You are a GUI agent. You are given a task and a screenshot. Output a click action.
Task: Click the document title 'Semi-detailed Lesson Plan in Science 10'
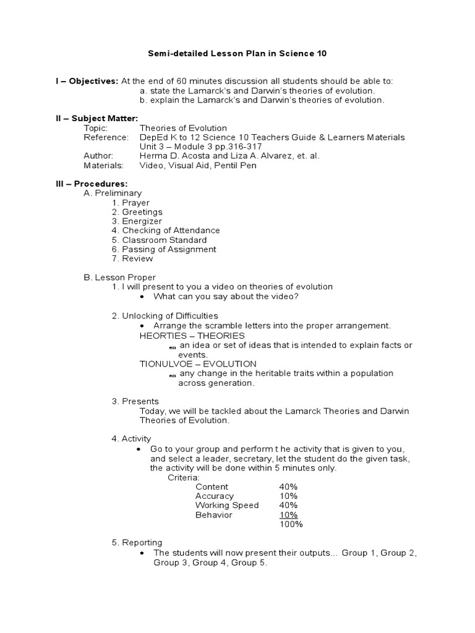tap(237, 54)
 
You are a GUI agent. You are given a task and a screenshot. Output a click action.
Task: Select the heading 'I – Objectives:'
tap(87, 82)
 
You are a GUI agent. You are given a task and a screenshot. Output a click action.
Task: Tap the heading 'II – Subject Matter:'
tap(97, 119)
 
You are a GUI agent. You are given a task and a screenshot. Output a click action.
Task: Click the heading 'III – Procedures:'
tap(92, 184)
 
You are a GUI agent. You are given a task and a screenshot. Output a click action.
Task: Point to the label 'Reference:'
tap(106, 137)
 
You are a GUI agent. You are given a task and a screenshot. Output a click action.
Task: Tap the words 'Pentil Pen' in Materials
tap(235, 165)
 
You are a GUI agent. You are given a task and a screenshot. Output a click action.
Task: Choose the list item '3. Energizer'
tap(137, 221)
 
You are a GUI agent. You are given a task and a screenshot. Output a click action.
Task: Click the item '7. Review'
tap(132, 258)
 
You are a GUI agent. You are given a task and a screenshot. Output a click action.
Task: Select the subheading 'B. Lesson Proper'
tap(120, 278)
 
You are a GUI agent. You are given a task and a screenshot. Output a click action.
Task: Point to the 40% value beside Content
tap(288, 486)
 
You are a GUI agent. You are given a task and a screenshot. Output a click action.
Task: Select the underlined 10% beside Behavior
tap(288, 514)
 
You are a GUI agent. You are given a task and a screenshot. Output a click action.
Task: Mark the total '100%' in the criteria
tap(291, 524)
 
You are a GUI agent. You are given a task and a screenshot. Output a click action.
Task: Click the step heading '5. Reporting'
tap(137, 543)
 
